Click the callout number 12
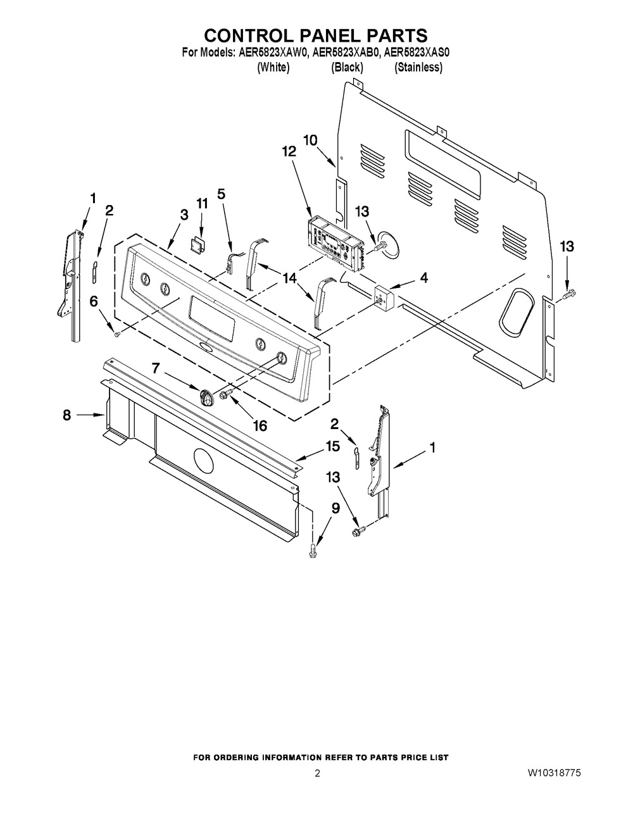point(289,151)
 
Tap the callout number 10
point(310,141)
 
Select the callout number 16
point(260,426)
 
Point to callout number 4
point(424,278)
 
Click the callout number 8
point(66,415)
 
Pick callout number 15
point(333,446)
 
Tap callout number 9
point(335,508)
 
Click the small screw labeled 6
point(117,334)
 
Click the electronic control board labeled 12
point(335,244)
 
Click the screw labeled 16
point(228,394)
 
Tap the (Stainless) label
point(418,68)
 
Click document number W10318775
point(554,773)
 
